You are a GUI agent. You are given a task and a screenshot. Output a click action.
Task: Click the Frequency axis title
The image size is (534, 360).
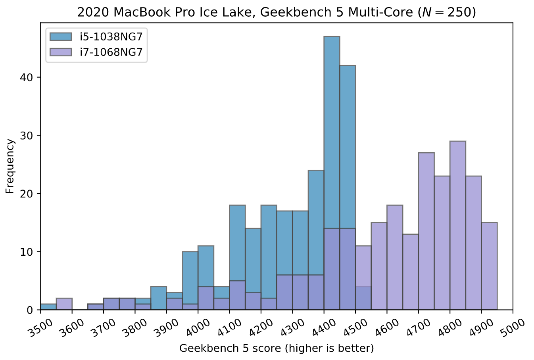(x=10, y=166)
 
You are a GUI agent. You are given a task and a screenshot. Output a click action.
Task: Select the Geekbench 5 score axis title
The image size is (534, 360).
(x=277, y=349)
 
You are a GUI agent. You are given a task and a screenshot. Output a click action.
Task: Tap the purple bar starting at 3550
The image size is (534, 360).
(x=64, y=304)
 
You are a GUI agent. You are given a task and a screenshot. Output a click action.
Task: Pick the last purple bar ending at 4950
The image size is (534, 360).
(x=489, y=266)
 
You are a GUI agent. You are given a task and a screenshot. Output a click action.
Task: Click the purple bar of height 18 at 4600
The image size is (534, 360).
(x=395, y=257)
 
